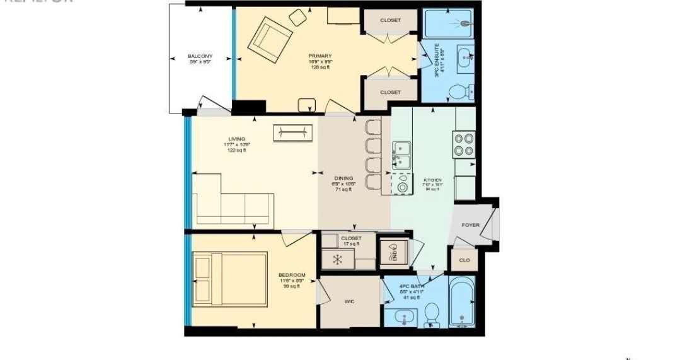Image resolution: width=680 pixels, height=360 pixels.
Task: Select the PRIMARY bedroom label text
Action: [x=320, y=55]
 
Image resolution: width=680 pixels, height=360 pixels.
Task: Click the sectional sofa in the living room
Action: [x=233, y=202]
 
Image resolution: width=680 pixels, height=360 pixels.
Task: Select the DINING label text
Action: [x=344, y=178]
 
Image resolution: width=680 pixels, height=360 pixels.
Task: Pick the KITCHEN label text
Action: [x=432, y=180]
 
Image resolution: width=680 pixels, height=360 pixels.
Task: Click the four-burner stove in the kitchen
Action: [x=464, y=144]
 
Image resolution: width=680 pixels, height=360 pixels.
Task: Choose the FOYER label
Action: [x=471, y=225]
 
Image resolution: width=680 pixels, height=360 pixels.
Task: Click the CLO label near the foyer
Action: [x=464, y=259]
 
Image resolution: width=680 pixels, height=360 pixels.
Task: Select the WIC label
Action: [x=349, y=301]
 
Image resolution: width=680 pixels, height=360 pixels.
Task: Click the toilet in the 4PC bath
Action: [x=432, y=313]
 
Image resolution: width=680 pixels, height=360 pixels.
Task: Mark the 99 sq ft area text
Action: [x=292, y=286]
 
